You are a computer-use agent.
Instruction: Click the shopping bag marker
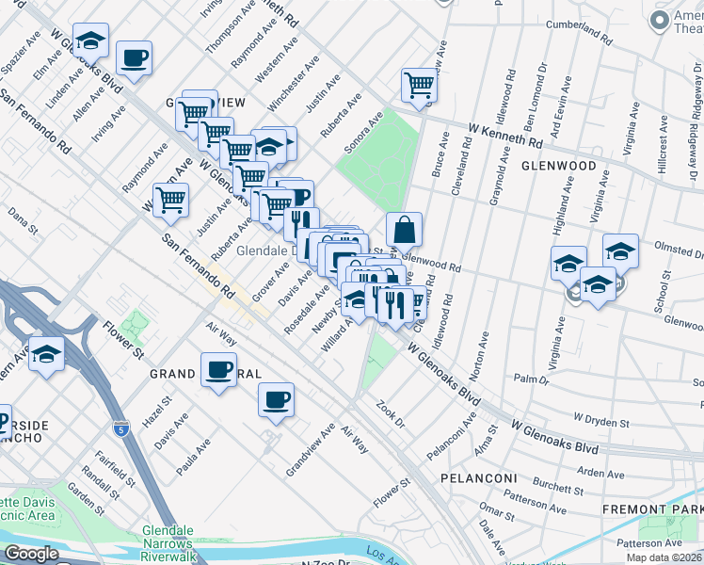[403, 229]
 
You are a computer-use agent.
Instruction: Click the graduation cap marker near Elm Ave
[90, 40]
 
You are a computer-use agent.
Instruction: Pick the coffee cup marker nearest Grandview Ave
[276, 399]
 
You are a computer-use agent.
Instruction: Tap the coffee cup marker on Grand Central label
[218, 369]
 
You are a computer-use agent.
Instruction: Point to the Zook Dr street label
[390, 411]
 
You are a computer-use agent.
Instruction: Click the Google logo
[31, 554]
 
